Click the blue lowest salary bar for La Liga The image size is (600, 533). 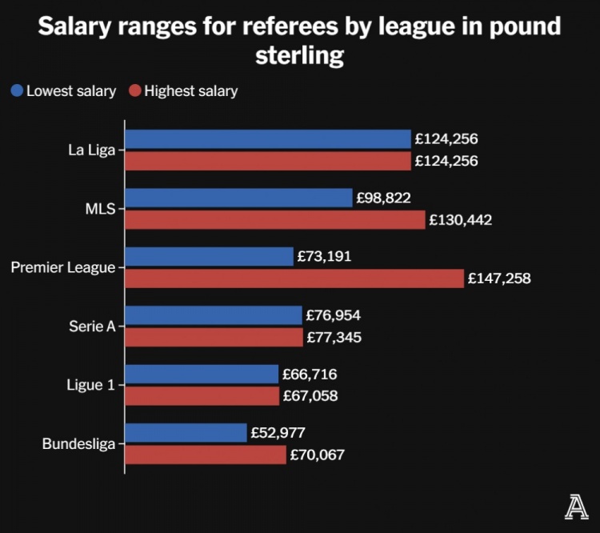click(268, 139)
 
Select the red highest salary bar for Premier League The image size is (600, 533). click(294, 279)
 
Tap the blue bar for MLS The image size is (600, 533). click(238, 198)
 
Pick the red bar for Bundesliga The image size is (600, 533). click(206, 455)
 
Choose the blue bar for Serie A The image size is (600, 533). click(214, 315)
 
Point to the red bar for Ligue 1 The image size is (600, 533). click(202, 396)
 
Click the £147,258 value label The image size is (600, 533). click(499, 279)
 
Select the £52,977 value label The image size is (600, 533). click(278, 433)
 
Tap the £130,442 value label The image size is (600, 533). click(460, 219)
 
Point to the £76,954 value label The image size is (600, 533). click(334, 315)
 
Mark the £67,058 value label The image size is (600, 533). click(310, 396)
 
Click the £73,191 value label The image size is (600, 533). click(324, 257)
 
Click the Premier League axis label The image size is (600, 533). click(63, 267)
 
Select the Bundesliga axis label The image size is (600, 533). click(78, 443)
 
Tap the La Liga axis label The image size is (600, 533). click(91, 150)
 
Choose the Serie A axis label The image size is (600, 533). click(93, 327)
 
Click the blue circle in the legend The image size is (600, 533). click(17, 90)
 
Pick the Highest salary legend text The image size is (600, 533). click(190, 90)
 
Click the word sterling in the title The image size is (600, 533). click(300, 56)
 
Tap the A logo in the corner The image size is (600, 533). click(574, 508)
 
